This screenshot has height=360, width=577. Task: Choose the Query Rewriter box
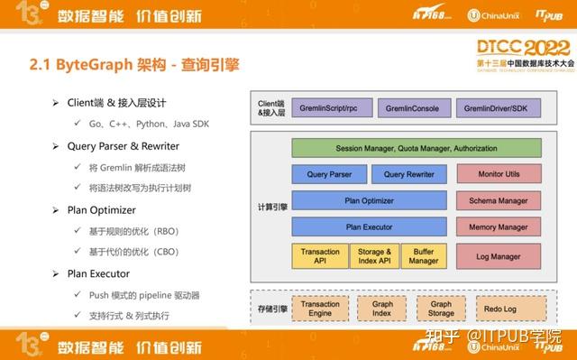pos(408,174)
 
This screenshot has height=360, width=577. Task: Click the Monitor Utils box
pos(499,174)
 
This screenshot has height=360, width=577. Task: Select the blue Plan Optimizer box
pos(369,200)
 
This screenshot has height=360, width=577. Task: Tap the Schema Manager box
pos(499,200)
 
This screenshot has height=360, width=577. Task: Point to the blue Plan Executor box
pos(369,227)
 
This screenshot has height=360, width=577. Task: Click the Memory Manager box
pos(499,227)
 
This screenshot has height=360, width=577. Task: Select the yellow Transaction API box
pos(320,256)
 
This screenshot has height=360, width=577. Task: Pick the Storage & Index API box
pos(374,256)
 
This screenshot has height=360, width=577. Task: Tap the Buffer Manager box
pos(423,256)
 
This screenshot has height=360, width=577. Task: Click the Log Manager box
pos(499,256)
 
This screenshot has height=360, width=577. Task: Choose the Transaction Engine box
pos(320,309)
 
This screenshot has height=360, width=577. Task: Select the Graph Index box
pos(382,309)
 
